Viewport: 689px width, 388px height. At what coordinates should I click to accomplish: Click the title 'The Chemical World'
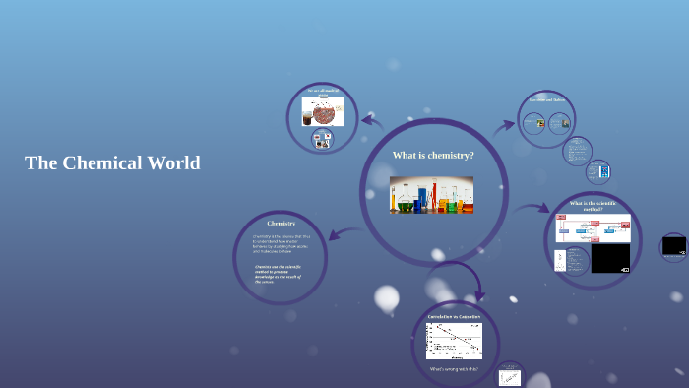pyautogui.click(x=112, y=163)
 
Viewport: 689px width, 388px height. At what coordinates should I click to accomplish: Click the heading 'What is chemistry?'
pyautogui.click(x=433, y=156)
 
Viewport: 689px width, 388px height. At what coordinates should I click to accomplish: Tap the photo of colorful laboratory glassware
pyautogui.click(x=431, y=195)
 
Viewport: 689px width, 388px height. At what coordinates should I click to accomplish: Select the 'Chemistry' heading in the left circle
pyautogui.click(x=281, y=224)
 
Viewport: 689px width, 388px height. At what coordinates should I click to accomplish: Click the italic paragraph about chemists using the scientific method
pyautogui.click(x=278, y=273)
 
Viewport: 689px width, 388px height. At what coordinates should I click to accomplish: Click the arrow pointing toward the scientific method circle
pyautogui.click(x=532, y=209)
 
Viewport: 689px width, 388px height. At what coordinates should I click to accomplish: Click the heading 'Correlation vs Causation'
pyautogui.click(x=454, y=316)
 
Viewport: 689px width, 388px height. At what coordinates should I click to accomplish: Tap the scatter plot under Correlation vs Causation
pyautogui.click(x=454, y=341)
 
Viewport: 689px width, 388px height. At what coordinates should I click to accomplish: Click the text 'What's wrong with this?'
pyautogui.click(x=454, y=369)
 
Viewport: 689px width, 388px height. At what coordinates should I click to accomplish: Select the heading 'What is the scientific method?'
pyautogui.click(x=593, y=206)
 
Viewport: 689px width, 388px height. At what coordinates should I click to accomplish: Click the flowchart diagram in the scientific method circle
pyautogui.click(x=593, y=229)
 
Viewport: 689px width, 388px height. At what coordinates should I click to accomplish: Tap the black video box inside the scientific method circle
pyautogui.click(x=610, y=259)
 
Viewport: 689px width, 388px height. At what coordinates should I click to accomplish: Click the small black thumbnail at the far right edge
pyautogui.click(x=674, y=246)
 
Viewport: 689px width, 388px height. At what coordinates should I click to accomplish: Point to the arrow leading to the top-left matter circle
pyautogui.click(x=372, y=121)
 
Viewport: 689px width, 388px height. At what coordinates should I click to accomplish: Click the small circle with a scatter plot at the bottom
pyautogui.click(x=510, y=376)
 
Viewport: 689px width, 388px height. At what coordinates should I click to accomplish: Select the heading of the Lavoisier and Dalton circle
pyautogui.click(x=546, y=99)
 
